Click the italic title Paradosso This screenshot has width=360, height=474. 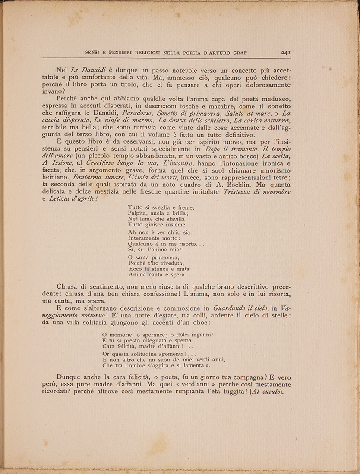(x=145, y=113)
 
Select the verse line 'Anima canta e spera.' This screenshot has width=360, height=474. (x=157, y=274)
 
